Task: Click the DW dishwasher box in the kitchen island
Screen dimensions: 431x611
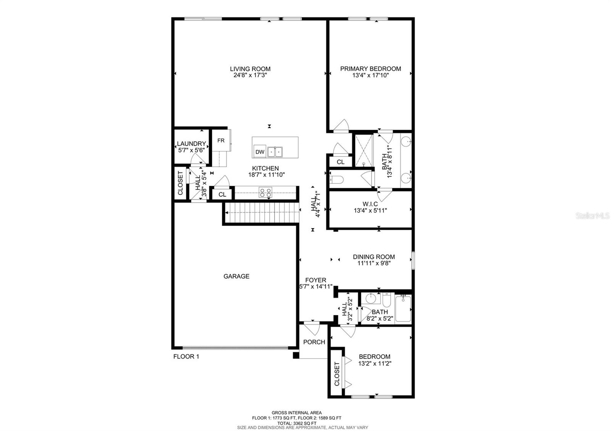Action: pyautogui.click(x=260, y=152)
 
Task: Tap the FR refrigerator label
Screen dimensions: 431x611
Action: pyautogui.click(x=221, y=141)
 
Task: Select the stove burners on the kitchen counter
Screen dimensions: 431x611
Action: pyautogui.click(x=265, y=193)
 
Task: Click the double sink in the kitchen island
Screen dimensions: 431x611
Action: pyautogui.click(x=275, y=152)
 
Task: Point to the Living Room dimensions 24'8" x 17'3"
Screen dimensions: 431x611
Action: pyautogui.click(x=250, y=76)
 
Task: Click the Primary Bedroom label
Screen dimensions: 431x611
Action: pyautogui.click(x=370, y=69)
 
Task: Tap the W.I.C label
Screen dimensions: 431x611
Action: pyautogui.click(x=370, y=204)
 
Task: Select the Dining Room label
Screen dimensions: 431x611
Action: pyautogui.click(x=373, y=257)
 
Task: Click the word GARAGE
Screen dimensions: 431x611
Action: pyautogui.click(x=236, y=277)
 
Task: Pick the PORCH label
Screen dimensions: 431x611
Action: pyautogui.click(x=314, y=342)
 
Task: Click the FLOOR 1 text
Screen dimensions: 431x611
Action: pyautogui.click(x=186, y=357)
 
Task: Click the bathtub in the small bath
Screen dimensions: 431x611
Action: pyautogui.click(x=403, y=309)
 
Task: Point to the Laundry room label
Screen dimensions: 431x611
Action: pyautogui.click(x=191, y=144)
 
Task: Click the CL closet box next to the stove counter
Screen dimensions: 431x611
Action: pyautogui.click(x=222, y=195)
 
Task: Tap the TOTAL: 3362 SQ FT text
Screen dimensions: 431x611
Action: pyautogui.click(x=296, y=423)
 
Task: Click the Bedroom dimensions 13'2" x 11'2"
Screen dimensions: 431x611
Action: pyautogui.click(x=375, y=363)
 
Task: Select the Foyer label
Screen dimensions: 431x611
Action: pyautogui.click(x=315, y=280)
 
